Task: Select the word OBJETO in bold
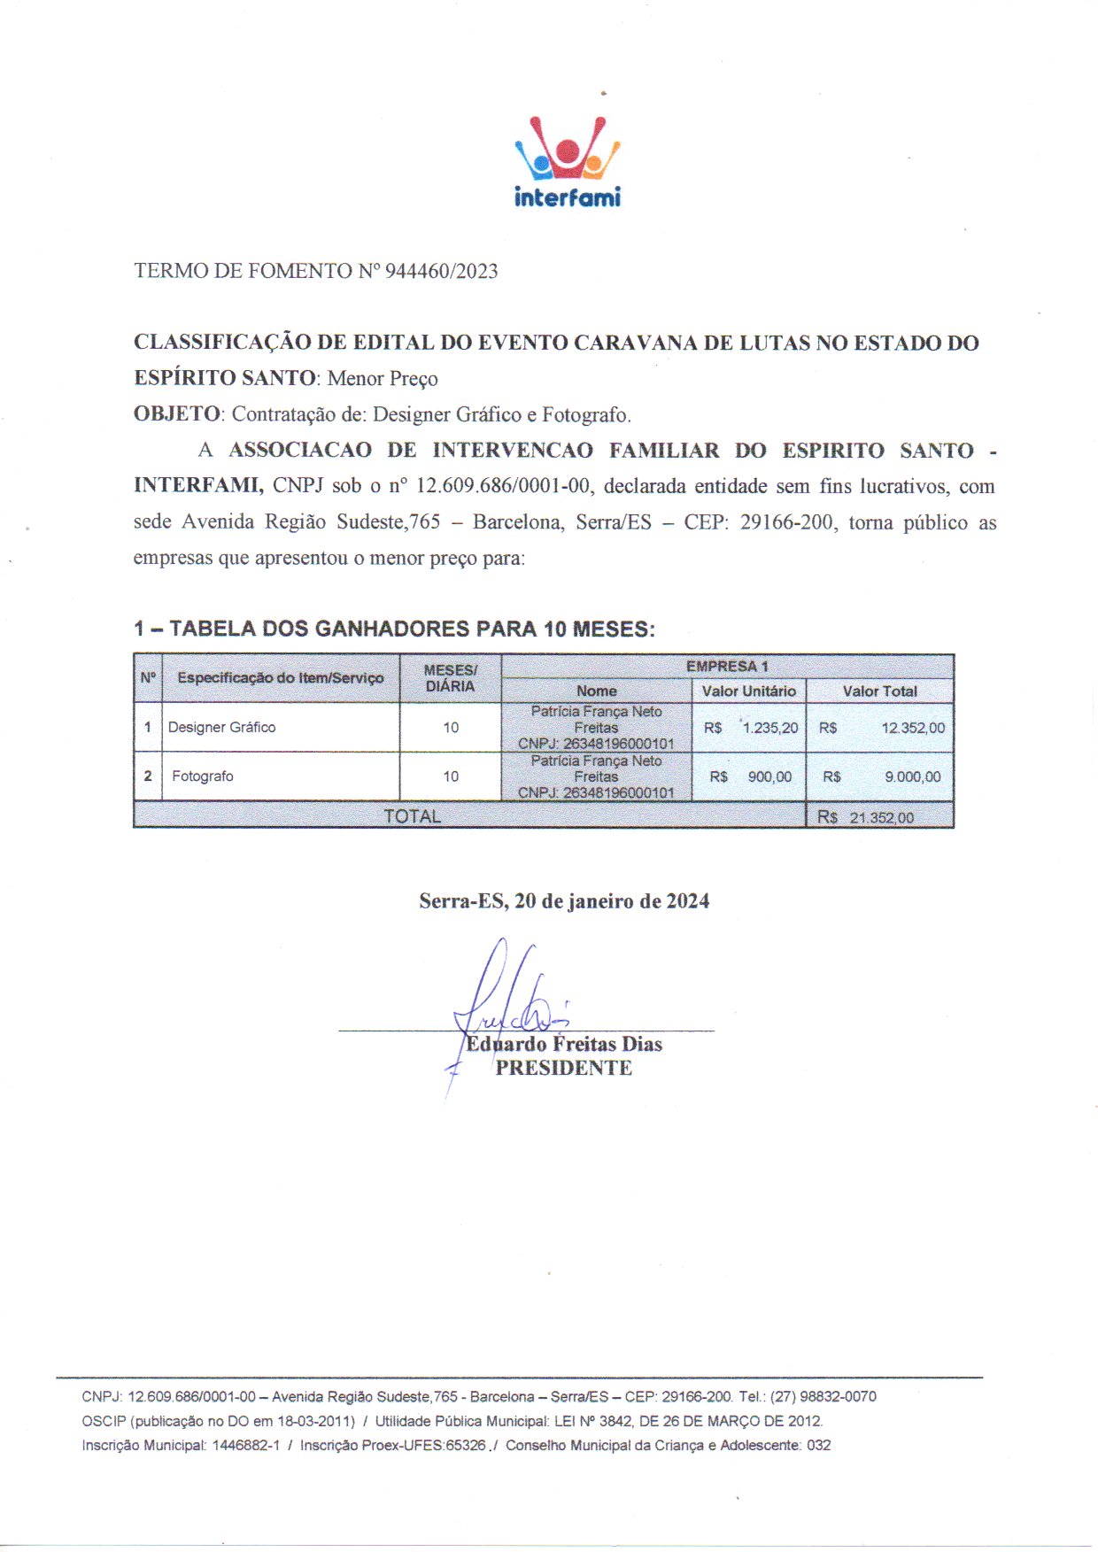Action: (x=176, y=414)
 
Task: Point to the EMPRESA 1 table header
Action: (x=727, y=667)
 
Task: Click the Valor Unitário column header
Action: (x=748, y=691)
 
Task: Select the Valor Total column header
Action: (x=879, y=691)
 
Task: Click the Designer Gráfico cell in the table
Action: (x=222, y=728)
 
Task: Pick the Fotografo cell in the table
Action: (x=203, y=776)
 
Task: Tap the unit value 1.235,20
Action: (x=769, y=728)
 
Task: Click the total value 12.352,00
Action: (x=913, y=728)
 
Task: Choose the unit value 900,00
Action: (x=769, y=776)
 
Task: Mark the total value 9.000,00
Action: (x=913, y=776)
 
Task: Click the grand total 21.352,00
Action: (x=881, y=817)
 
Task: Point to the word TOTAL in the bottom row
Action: (x=412, y=816)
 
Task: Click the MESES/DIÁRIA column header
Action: (x=450, y=678)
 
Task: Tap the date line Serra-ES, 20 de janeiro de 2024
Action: (x=564, y=901)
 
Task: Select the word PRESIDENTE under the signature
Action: (x=563, y=1069)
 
